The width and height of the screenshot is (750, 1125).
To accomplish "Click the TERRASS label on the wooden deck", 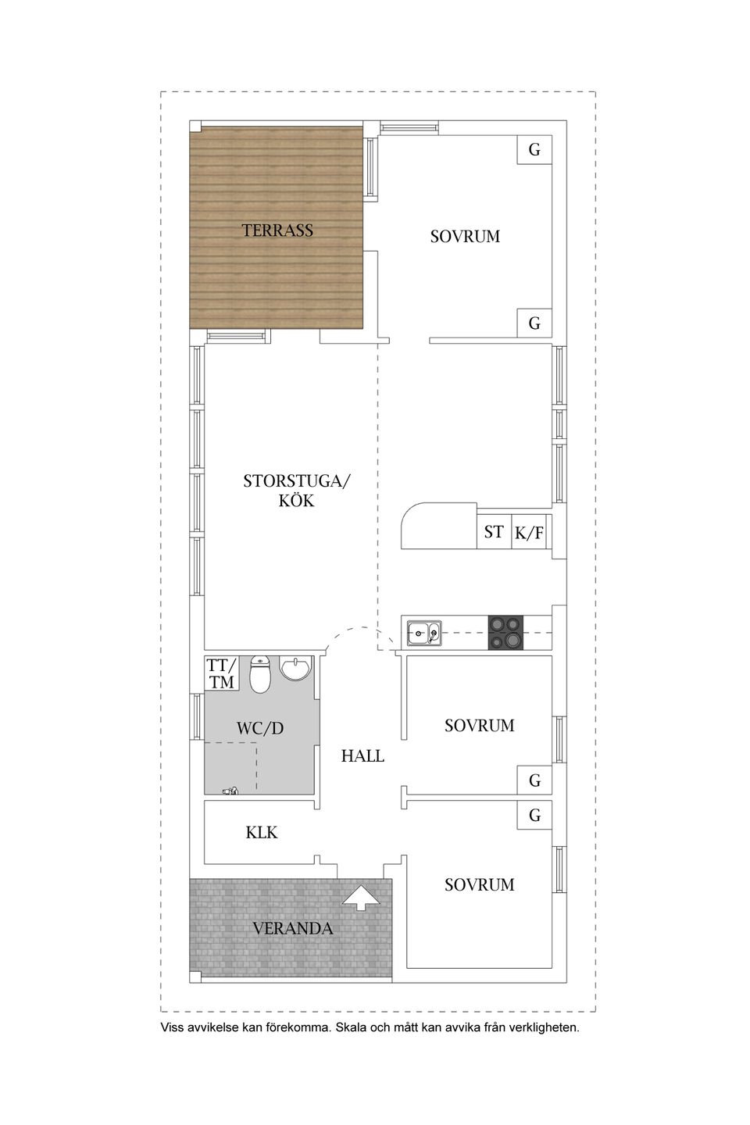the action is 277,230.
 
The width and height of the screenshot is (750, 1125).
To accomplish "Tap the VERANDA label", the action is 292,928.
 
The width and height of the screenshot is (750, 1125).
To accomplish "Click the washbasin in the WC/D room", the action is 295,669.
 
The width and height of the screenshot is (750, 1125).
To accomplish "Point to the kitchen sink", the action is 424,633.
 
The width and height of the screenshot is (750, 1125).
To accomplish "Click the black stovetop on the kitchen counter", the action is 505,633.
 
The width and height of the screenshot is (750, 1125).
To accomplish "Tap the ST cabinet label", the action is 493,532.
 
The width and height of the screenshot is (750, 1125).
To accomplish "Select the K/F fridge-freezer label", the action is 529,532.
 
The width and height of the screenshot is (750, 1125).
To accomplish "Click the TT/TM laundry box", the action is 221,673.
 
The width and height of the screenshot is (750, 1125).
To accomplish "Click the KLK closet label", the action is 261,833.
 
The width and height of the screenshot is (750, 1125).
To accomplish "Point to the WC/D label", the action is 260,728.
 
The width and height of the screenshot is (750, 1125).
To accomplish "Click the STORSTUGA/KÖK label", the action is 296,491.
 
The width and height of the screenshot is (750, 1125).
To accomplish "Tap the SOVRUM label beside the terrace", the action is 465,237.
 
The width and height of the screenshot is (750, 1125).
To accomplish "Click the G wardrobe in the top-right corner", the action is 534,150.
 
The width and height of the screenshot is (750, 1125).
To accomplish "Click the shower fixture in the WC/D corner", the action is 230,791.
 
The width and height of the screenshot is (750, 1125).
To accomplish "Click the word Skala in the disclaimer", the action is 351,1027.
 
